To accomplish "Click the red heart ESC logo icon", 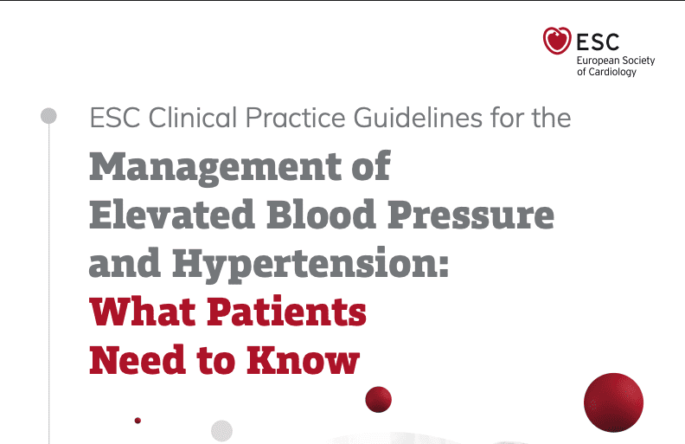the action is tap(557, 40).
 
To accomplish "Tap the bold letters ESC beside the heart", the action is tap(598, 42).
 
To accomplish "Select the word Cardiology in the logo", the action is tap(612, 72).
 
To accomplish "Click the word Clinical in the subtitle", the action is tap(193, 118).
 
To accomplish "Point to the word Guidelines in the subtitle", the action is tap(418, 118).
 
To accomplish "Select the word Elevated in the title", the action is tap(173, 214).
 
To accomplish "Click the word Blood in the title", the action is tap(322, 214).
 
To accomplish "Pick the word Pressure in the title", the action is tap(471, 215).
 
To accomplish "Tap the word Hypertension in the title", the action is tap(310, 264).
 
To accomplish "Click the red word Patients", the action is tap(286, 312).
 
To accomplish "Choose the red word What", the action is tap(143, 312).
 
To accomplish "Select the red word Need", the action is tap(138, 359).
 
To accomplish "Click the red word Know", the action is tap(303, 359).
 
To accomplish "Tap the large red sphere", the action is tap(614, 402).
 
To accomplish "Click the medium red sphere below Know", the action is tap(378, 399).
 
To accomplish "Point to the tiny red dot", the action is tap(138, 421).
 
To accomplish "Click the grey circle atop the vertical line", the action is tap(48, 116).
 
